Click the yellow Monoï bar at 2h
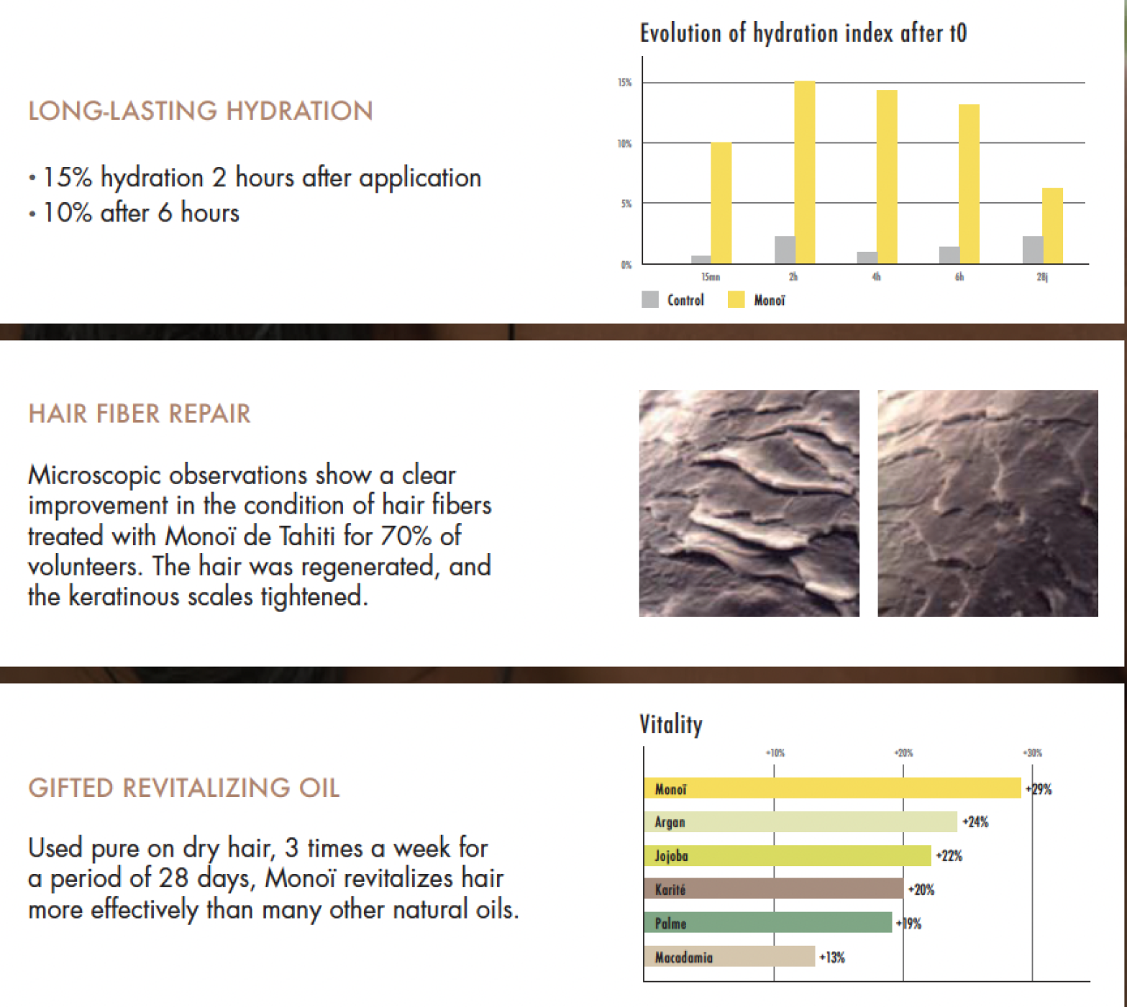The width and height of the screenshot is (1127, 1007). click(805, 173)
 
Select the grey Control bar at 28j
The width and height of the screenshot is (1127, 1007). click(1032, 250)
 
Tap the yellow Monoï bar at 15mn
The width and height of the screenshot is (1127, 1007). click(721, 203)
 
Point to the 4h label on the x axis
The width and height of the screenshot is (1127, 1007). click(876, 277)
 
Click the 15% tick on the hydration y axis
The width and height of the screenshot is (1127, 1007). click(624, 83)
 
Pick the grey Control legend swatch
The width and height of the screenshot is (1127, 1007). click(650, 300)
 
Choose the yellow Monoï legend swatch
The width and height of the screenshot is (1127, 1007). click(736, 300)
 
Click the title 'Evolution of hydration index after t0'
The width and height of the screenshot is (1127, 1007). click(803, 33)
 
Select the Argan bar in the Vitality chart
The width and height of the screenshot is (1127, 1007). click(800, 822)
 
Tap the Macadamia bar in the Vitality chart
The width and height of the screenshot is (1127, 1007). click(729, 957)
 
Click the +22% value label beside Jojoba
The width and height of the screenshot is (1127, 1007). click(949, 856)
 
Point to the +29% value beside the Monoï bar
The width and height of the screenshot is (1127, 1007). click(1039, 790)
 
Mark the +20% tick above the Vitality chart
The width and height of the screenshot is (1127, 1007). click(903, 753)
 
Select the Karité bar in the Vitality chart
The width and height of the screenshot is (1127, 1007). click(773, 890)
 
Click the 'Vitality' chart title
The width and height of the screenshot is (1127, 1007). click(670, 724)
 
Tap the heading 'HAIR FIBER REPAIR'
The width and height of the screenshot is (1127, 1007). click(140, 414)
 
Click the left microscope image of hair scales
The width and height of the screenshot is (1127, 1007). click(749, 503)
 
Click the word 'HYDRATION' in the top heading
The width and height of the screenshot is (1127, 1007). click(299, 111)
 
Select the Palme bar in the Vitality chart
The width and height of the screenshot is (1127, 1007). click(767, 924)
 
